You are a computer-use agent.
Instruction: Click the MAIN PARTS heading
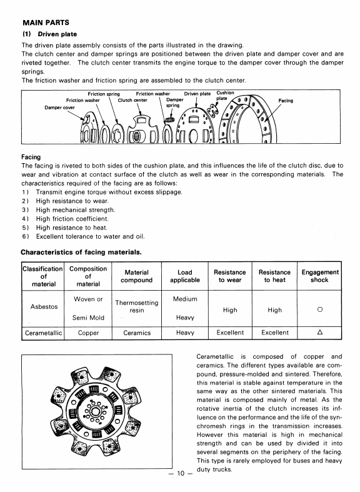(x=46, y=23)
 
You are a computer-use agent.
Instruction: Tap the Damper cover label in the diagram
(x=59, y=108)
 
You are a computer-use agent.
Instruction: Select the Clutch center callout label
(x=132, y=101)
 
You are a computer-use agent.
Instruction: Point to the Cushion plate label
(x=225, y=96)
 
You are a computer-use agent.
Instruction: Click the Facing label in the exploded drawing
(x=286, y=101)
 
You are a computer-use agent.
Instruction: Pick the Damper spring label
(x=174, y=103)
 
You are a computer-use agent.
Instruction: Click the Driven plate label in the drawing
(x=197, y=94)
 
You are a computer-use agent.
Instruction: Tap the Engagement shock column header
(x=320, y=276)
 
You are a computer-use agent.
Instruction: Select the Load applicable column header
(x=185, y=276)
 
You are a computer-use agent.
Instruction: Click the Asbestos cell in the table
(x=44, y=306)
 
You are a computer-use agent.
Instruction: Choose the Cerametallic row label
(x=43, y=333)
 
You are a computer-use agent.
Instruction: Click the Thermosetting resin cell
(x=137, y=306)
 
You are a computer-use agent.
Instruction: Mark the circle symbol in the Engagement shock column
(x=320, y=309)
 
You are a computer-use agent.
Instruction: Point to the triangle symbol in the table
(x=320, y=332)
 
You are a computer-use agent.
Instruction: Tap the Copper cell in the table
(x=88, y=333)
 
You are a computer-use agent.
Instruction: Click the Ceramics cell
(x=137, y=333)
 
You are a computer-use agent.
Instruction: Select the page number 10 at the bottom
(x=181, y=473)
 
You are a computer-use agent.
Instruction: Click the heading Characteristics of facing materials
(x=81, y=253)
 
